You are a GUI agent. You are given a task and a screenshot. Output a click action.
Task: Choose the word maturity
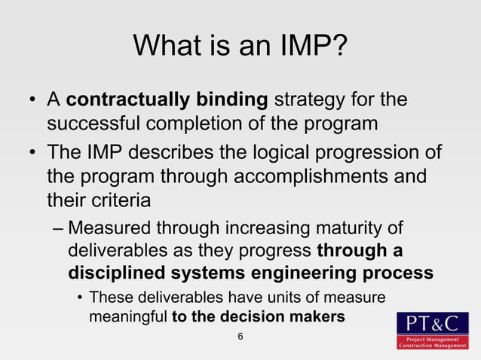354,227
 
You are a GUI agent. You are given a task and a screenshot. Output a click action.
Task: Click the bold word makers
317,317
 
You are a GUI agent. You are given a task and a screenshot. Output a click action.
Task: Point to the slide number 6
240,336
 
